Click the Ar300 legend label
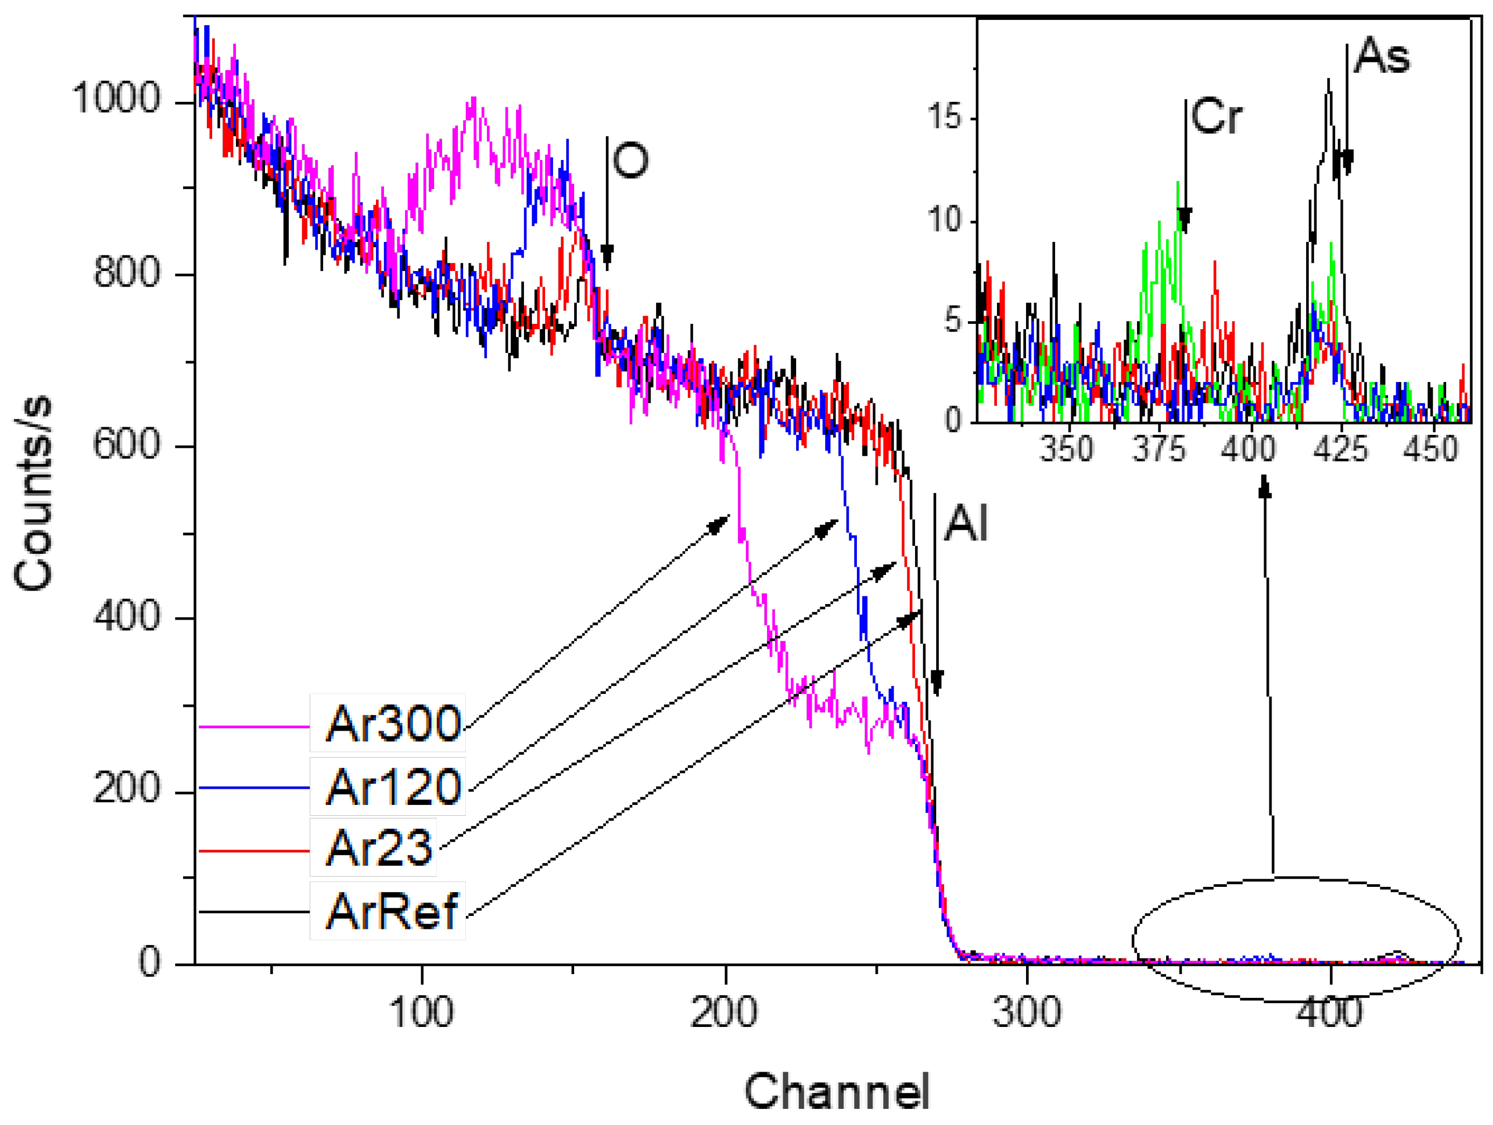393,723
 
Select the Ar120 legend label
393,787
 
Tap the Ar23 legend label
378,848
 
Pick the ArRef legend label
392,911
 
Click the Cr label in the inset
1216,117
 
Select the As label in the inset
1382,56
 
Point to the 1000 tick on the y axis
117,98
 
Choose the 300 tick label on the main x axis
1027,1013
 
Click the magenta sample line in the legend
254,727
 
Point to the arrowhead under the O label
607,256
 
